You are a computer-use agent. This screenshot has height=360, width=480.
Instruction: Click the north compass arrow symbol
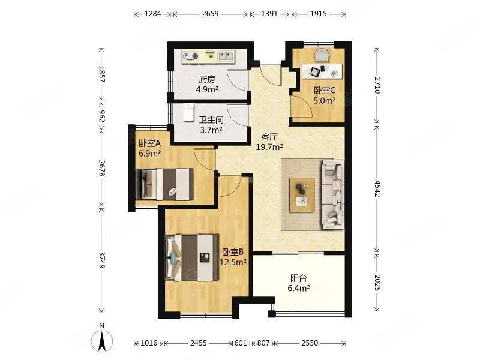102,340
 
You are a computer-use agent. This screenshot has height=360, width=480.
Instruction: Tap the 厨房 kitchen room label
207,80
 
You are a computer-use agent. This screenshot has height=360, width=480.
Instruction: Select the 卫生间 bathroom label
211,119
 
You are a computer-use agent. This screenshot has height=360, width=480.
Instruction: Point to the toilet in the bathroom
189,113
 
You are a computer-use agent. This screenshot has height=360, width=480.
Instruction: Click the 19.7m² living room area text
269,147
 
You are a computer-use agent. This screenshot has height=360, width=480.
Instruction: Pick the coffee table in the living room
302,195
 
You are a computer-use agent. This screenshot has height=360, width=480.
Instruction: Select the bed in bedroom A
164,184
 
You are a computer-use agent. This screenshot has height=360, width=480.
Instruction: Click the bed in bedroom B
192,258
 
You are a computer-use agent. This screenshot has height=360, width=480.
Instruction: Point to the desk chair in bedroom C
322,56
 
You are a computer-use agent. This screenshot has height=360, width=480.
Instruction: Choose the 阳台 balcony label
299,278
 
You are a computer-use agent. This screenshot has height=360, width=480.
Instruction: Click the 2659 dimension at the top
211,14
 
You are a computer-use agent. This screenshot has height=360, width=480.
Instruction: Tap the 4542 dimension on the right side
377,188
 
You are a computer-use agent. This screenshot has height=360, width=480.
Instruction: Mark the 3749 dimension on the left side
102,260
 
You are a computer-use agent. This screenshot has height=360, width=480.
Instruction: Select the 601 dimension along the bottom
241,343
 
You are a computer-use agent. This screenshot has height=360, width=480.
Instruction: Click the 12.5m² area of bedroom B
233,262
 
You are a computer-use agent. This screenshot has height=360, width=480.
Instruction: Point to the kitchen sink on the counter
226,56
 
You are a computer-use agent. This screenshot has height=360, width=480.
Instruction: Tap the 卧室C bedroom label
325,91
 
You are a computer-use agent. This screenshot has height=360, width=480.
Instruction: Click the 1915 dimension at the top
319,14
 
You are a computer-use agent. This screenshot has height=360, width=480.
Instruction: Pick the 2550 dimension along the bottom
310,343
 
